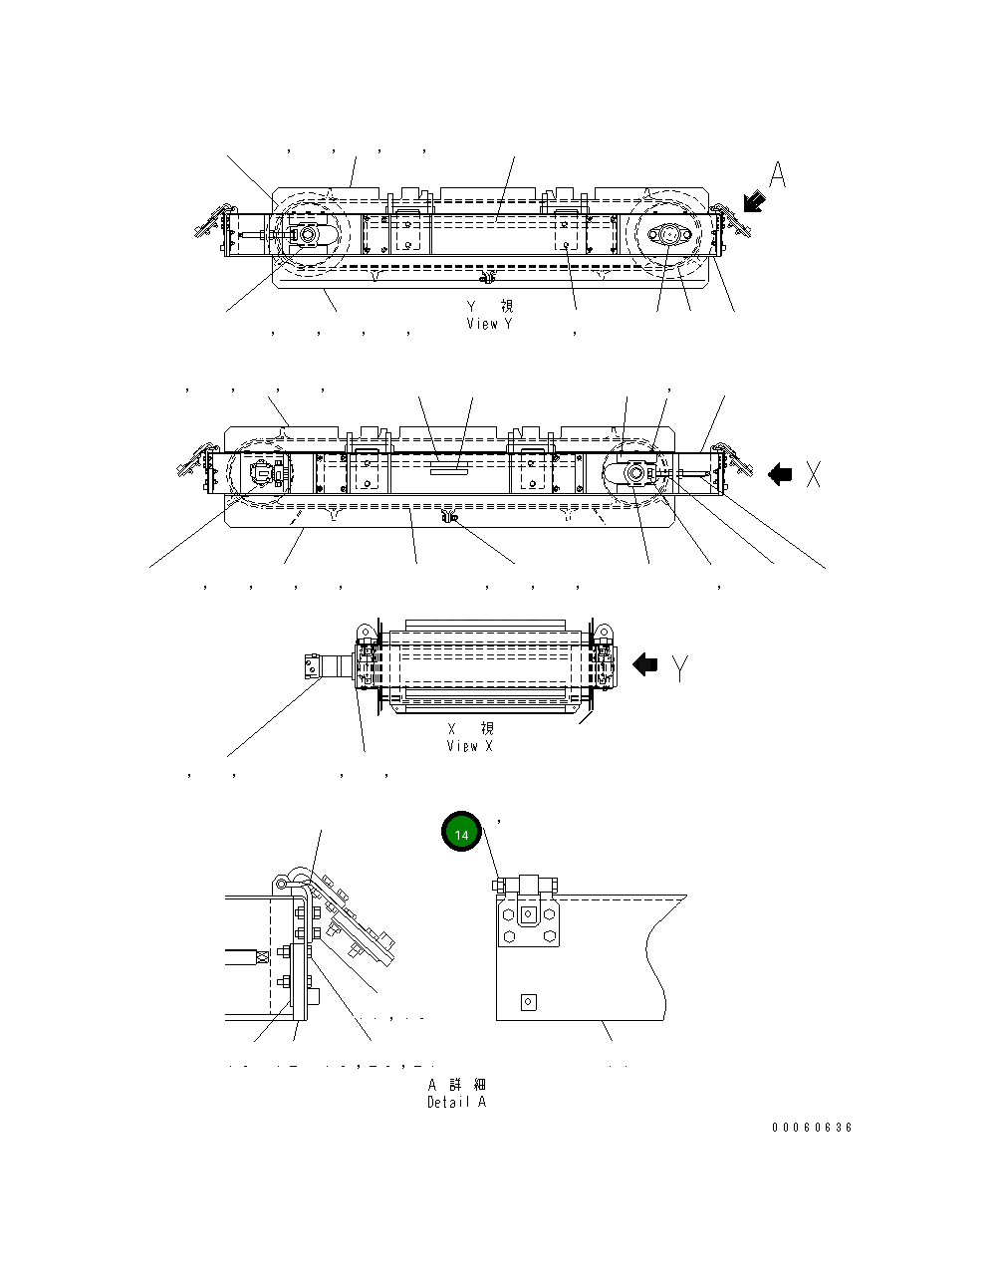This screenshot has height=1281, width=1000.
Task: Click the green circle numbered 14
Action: click(x=461, y=834)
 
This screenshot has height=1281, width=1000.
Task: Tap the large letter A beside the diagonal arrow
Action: click(x=778, y=176)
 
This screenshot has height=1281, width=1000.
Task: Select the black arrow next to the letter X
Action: click(x=780, y=475)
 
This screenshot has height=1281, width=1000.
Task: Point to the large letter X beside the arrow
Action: click(x=814, y=475)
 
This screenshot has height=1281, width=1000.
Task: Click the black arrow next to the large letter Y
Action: click(x=645, y=664)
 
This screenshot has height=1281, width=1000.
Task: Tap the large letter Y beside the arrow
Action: click(x=679, y=666)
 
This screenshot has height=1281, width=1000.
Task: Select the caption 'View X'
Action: click(x=469, y=745)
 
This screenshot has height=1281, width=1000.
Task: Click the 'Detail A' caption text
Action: click(x=456, y=1102)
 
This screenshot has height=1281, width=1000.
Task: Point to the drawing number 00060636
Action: click(x=812, y=1128)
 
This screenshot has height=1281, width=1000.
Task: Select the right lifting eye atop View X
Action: click(x=601, y=632)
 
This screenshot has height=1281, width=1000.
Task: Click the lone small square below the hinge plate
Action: click(x=529, y=1002)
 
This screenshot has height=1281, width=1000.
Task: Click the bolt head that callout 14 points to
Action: click(x=499, y=884)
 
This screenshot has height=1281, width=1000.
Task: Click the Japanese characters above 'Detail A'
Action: click(x=457, y=1085)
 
